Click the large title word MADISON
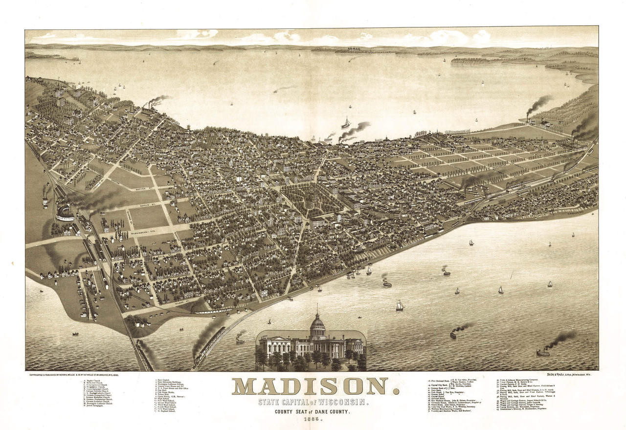coord(315,386)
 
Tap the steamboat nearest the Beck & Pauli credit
coord(543,352)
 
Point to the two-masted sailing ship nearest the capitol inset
coord(400,306)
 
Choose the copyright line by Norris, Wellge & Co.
coord(70,375)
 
